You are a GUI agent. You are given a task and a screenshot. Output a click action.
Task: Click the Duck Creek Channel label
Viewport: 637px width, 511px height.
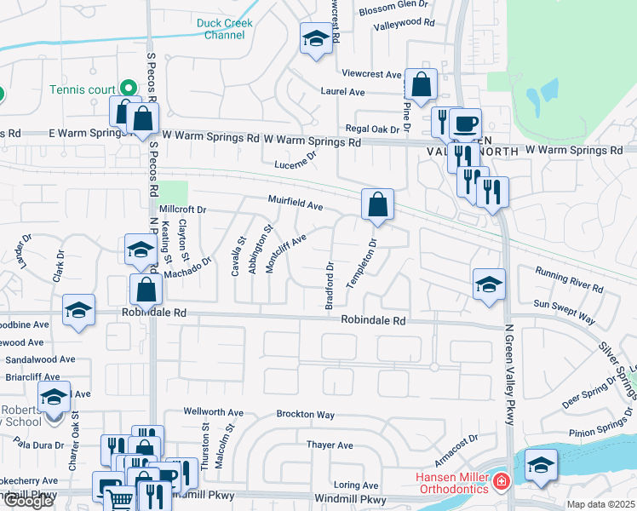click(x=224, y=30)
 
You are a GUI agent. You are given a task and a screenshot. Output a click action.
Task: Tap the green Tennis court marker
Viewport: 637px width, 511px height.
click(x=128, y=87)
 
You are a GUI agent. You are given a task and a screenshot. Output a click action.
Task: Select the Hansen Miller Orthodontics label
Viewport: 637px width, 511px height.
click(x=451, y=483)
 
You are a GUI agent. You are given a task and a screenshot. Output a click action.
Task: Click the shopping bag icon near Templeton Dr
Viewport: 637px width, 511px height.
click(x=377, y=205)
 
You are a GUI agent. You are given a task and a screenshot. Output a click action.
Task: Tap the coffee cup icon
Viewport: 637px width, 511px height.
click(x=465, y=123)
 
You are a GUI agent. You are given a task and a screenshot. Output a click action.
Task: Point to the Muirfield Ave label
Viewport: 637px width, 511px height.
click(x=296, y=205)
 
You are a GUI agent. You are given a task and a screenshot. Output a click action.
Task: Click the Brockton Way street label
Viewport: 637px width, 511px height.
click(x=305, y=414)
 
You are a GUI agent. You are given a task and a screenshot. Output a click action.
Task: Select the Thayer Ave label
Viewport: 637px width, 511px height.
click(x=330, y=445)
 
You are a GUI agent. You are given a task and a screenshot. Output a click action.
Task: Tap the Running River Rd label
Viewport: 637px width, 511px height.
click(x=569, y=280)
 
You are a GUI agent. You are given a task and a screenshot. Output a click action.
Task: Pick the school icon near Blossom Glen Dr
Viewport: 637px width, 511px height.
click(x=316, y=38)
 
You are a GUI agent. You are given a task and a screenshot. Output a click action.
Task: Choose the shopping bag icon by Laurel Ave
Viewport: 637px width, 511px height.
click(x=421, y=83)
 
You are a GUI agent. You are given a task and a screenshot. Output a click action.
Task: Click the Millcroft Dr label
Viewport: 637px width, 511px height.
click(x=182, y=209)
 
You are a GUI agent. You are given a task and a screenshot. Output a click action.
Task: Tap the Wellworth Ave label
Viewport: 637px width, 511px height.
click(x=214, y=413)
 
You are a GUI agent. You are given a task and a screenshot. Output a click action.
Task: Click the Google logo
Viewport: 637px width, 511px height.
click(x=28, y=501)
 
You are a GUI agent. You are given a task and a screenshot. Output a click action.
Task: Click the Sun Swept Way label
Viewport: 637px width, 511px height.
click(x=564, y=309)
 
